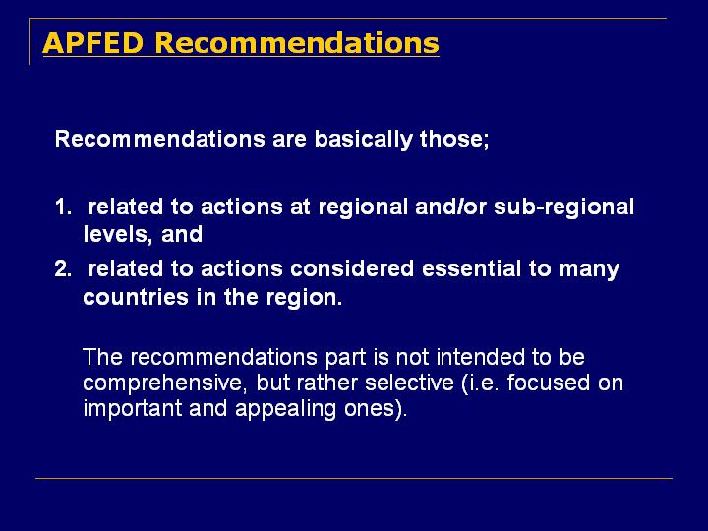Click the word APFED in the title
92,43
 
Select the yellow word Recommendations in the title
297,43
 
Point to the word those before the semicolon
453,139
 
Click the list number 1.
63,207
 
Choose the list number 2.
63,269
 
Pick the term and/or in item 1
450,206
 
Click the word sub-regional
564,207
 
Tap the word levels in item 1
117,234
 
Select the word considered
352,269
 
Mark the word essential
471,269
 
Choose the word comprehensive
165,384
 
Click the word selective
409,383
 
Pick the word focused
548,383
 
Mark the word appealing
285,410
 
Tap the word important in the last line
133,410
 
